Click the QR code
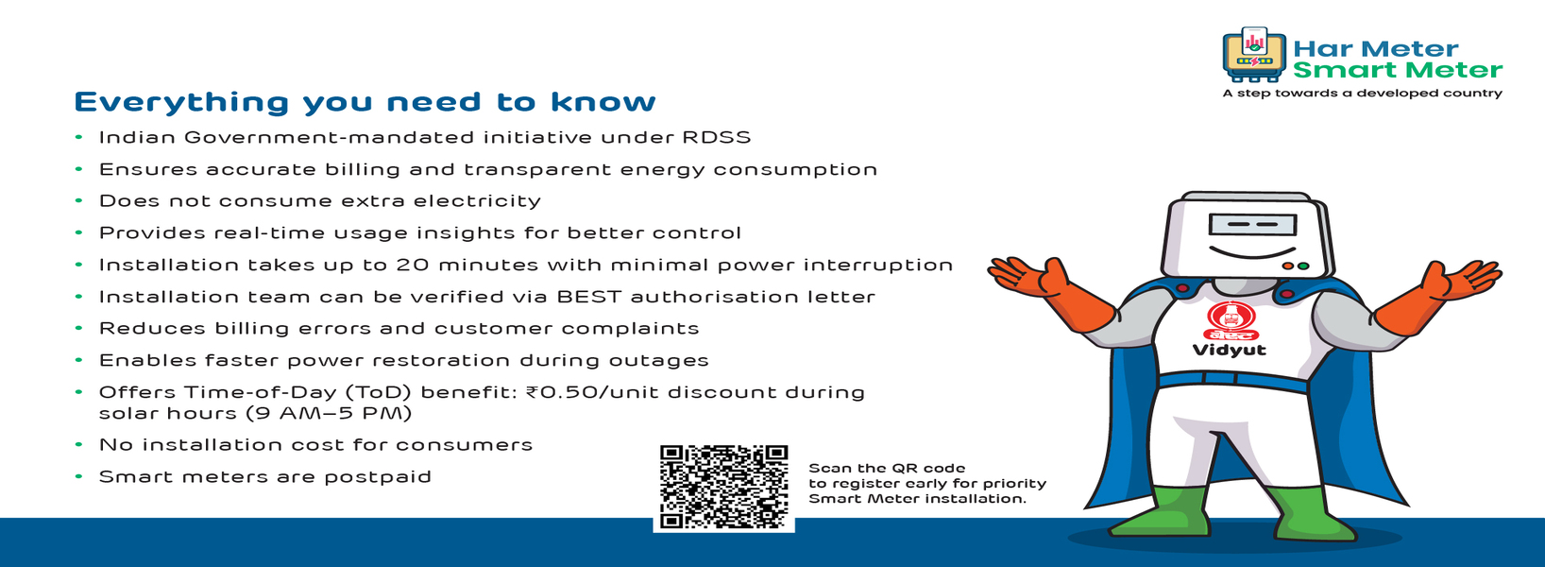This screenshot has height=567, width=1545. (x=723, y=487)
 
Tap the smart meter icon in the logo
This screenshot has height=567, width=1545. (x=1254, y=55)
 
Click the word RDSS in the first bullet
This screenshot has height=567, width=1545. (x=717, y=137)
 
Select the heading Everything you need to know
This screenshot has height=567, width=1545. (x=365, y=102)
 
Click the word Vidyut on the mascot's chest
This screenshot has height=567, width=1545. (x=1229, y=350)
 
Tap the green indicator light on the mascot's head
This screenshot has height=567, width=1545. (x=1303, y=266)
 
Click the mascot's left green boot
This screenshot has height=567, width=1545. (x=1160, y=512)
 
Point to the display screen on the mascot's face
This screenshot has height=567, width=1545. (x=1252, y=226)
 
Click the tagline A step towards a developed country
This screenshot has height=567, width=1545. (x=1362, y=94)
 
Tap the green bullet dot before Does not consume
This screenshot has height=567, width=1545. (x=78, y=200)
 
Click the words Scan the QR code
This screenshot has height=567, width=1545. (x=887, y=469)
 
